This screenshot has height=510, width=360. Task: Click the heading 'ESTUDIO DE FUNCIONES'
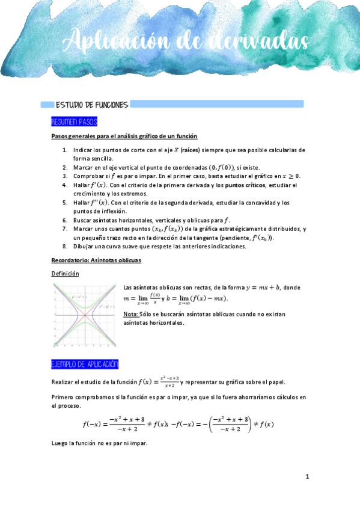point(91,105)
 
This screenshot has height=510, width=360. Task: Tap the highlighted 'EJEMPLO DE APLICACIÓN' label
point(85,364)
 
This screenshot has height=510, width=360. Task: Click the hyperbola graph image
point(85,315)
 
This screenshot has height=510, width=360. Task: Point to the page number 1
point(307,476)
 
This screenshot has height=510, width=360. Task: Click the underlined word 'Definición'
point(65,274)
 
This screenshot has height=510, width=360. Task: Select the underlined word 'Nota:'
point(130,315)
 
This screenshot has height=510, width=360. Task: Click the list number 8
point(65,247)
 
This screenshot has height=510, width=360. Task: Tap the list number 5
point(65,203)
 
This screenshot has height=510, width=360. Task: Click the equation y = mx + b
point(256,287)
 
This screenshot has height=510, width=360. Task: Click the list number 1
point(65,150)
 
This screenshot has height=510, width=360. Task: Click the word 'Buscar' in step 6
point(82,221)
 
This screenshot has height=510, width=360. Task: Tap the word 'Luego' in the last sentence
point(61,443)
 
